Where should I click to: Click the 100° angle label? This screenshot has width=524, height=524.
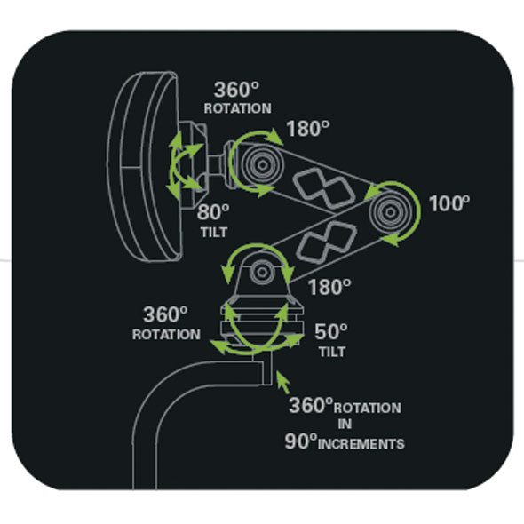(x=449, y=203)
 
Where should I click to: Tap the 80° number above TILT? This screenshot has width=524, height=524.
(x=213, y=212)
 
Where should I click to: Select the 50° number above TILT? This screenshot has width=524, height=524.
(x=331, y=331)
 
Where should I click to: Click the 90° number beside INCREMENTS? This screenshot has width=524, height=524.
(x=300, y=441)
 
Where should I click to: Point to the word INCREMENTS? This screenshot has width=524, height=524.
(x=361, y=444)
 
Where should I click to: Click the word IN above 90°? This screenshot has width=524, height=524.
(x=345, y=424)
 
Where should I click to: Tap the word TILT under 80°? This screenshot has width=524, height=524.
(x=214, y=233)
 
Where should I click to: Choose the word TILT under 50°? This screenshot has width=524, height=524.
(x=332, y=352)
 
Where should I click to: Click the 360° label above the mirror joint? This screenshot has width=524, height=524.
(x=236, y=90)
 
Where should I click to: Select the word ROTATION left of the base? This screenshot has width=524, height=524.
(x=166, y=335)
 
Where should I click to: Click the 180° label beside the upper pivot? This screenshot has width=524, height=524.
(x=308, y=128)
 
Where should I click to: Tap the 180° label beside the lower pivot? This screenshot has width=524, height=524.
(x=329, y=287)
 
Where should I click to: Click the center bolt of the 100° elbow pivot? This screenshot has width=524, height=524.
(x=390, y=211)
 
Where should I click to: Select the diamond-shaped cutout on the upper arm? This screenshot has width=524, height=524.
(x=323, y=187)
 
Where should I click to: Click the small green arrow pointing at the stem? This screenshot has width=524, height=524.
(x=283, y=383)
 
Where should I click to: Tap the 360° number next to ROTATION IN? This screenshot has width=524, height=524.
(x=311, y=405)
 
